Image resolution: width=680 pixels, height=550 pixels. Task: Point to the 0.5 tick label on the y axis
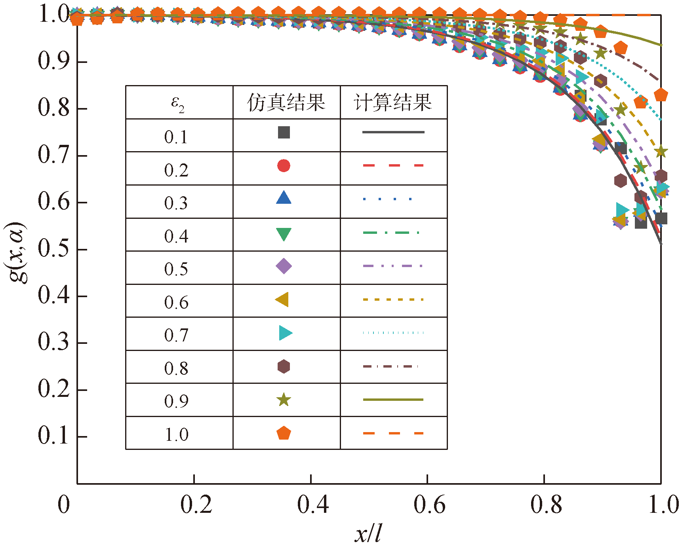click(x=54, y=249)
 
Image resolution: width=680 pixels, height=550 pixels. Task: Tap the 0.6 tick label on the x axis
click(x=429, y=505)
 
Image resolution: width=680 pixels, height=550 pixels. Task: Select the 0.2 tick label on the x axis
click(x=196, y=505)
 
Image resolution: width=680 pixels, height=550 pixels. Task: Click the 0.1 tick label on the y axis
click(x=54, y=436)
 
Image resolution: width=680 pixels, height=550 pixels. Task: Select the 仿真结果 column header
click(x=286, y=102)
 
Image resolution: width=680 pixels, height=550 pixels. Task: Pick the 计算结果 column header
click(x=393, y=102)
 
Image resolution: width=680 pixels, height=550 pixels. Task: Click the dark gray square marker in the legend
click(x=284, y=132)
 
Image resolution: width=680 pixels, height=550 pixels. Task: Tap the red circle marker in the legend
click(x=284, y=165)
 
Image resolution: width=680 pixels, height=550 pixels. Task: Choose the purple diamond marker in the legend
click(x=284, y=266)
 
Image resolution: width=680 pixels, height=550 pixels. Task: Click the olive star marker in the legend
click(x=284, y=400)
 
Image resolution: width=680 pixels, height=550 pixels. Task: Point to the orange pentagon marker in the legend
click(x=284, y=433)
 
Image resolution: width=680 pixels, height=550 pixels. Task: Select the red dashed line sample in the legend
click(x=393, y=165)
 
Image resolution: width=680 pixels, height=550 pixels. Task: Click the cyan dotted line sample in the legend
click(x=393, y=333)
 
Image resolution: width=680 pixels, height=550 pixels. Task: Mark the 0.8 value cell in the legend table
click(x=176, y=368)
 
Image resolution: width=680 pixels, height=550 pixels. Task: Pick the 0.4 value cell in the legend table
click(x=176, y=236)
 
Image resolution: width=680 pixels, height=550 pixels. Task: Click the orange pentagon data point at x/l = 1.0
click(x=661, y=95)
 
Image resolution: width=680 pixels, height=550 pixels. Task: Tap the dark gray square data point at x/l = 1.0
click(x=661, y=218)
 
